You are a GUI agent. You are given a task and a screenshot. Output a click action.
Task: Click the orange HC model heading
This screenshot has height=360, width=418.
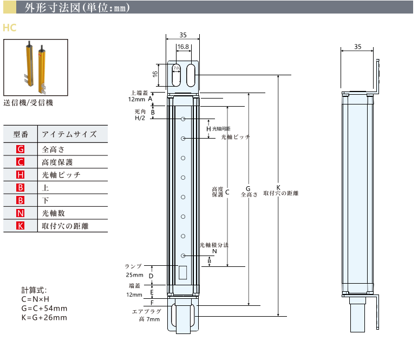[x=9, y=27]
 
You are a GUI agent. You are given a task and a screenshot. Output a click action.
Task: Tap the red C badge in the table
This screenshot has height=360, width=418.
[x=21, y=162]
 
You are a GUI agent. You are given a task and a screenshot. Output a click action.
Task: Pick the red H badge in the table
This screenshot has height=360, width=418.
[x=21, y=175]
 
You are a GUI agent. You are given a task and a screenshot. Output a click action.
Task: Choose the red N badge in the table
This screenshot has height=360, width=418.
[x=21, y=213]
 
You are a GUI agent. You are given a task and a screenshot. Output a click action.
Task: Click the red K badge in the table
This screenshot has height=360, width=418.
[x=21, y=226]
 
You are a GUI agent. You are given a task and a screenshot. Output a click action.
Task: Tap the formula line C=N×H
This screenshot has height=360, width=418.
[x=36, y=299]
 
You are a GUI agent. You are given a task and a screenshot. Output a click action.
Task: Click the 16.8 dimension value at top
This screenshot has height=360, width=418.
[x=183, y=47]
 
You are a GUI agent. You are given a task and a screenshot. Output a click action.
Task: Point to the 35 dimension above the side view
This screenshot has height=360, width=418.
[x=357, y=47]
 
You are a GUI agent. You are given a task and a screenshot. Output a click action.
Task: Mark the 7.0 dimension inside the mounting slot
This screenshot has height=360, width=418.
[x=177, y=68]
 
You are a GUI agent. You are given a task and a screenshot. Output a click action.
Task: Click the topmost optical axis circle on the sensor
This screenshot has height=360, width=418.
[x=184, y=119]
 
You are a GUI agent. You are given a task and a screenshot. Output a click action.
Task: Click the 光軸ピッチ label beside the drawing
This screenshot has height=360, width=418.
[x=236, y=138]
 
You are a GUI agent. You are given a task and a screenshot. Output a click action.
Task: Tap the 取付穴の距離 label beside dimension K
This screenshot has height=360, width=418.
[x=281, y=193]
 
